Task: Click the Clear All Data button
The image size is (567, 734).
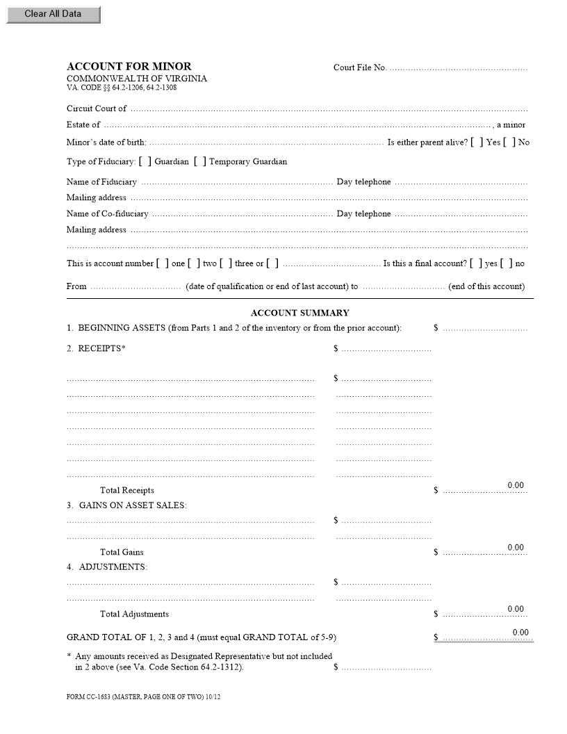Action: (53, 14)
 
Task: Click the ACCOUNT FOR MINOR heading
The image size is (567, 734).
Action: (129, 67)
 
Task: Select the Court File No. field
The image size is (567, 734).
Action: (459, 68)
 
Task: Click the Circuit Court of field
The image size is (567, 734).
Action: (329, 109)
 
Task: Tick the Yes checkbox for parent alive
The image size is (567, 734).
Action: (477, 142)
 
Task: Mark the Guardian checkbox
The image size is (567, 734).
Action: (145, 162)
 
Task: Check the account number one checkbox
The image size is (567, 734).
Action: (163, 263)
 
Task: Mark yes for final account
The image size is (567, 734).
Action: (476, 263)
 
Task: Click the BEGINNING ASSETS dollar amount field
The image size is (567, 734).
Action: (485, 328)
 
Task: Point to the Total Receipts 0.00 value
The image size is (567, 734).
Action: (516, 485)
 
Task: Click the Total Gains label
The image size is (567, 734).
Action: (122, 552)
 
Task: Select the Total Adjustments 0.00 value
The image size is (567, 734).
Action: (516, 609)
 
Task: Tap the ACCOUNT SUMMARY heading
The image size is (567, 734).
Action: (299, 313)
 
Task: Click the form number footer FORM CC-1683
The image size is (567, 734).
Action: (143, 696)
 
